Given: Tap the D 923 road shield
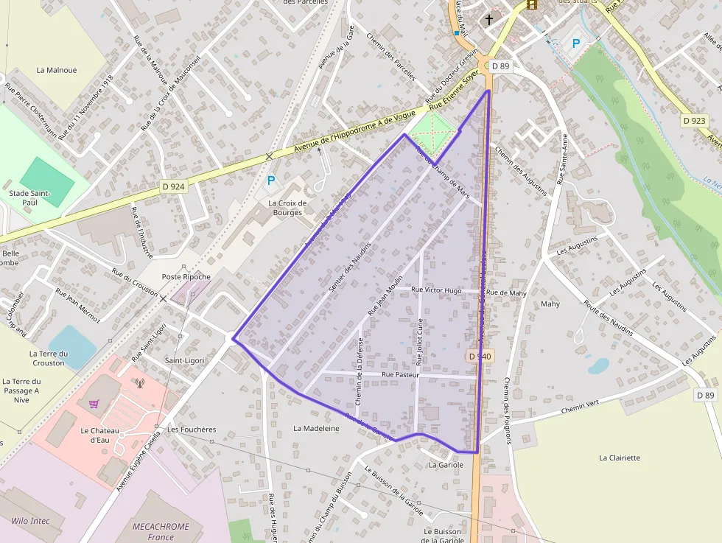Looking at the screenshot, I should (x=694, y=120).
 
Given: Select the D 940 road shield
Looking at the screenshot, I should (x=479, y=356).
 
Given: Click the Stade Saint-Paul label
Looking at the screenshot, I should (x=29, y=197).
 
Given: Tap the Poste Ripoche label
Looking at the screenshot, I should (x=186, y=277).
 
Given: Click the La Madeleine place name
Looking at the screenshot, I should (x=316, y=428).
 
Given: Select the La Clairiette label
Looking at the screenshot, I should (x=620, y=458).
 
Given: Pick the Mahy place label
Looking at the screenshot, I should (x=550, y=304).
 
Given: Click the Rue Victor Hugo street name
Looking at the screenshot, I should (x=437, y=290).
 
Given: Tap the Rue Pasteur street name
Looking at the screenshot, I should (x=400, y=375).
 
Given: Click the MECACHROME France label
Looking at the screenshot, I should (x=161, y=531).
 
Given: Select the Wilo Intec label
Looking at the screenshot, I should (x=30, y=521).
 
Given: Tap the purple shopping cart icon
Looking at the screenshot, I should (x=94, y=403).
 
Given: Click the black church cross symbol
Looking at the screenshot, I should (x=489, y=19).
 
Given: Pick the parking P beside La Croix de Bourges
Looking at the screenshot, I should (x=270, y=180).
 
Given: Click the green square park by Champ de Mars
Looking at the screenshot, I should (x=432, y=132).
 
